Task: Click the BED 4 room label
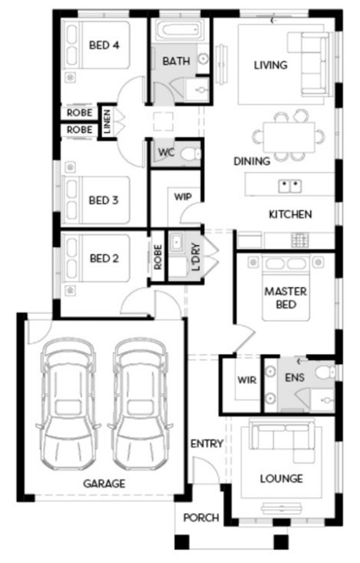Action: [104, 45]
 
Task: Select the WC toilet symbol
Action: [191, 154]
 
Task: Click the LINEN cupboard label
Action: [107, 122]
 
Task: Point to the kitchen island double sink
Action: [290, 186]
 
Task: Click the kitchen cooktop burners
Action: [300, 240]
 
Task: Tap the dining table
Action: [289, 136]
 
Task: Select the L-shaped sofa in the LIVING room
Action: [309, 64]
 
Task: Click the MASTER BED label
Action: [285, 298]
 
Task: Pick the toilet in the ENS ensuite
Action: [325, 372]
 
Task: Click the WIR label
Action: [247, 380]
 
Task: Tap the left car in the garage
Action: [68, 403]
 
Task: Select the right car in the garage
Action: [140, 403]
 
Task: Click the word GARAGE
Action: [104, 483]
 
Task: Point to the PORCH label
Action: [201, 518]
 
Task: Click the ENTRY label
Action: [206, 444]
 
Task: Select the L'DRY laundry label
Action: [196, 257]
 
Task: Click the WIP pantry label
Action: [183, 197]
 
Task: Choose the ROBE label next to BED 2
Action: [157, 257]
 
